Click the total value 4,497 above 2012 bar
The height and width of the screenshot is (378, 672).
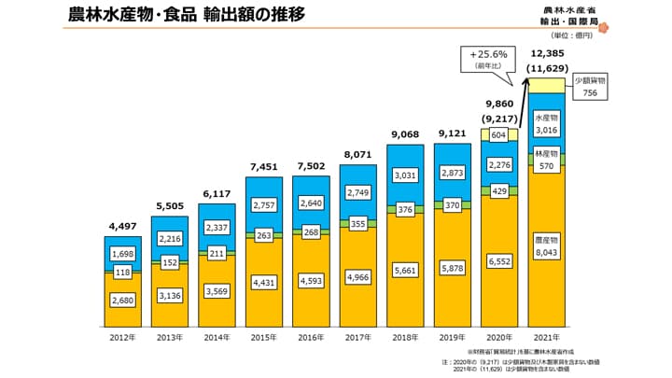pyautogui.click(x=123, y=225)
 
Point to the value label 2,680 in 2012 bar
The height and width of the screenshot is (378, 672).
pyautogui.click(x=123, y=299)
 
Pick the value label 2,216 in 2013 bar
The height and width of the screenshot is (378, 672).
pyautogui.click(x=171, y=239)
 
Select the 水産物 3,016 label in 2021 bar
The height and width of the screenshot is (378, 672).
pyautogui.click(x=549, y=124)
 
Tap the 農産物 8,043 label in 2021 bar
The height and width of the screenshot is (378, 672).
pyautogui.click(x=549, y=245)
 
